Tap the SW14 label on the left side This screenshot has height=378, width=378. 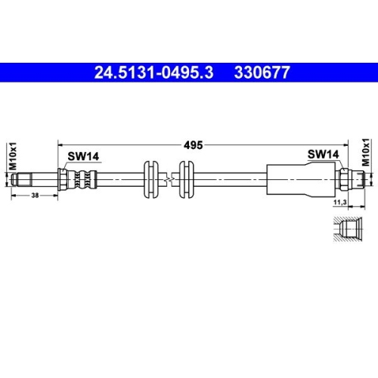(x=82, y=156)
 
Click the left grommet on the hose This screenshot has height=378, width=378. (x=151, y=178)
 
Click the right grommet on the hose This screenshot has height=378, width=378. (x=184, y=178)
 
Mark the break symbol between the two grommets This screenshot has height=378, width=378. (x=168, y=178)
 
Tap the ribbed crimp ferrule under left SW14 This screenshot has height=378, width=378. (x=82, y=179)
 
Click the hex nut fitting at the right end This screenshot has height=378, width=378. (x=343, y=179)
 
